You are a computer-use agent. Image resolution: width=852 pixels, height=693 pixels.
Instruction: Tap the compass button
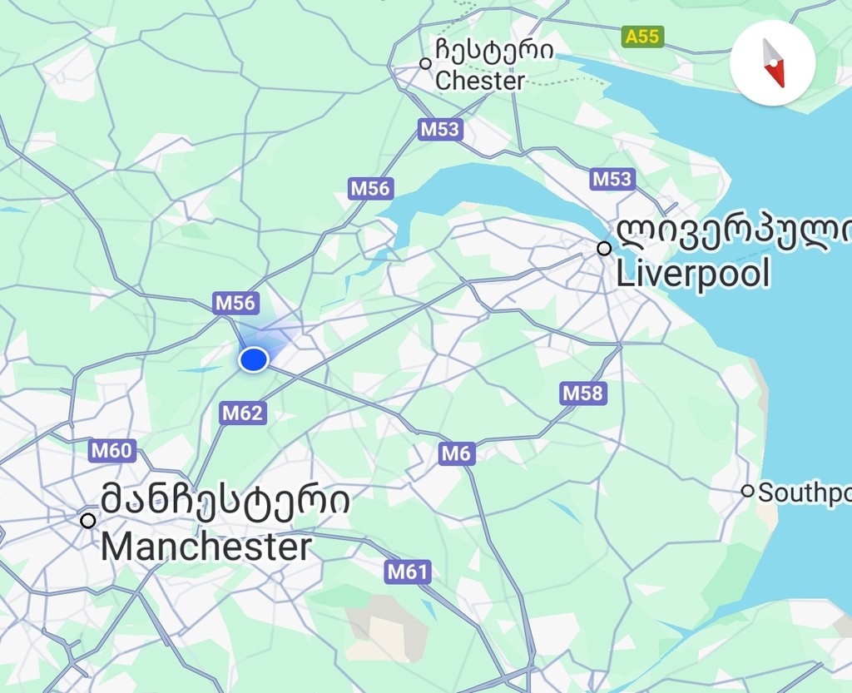pos(773,63)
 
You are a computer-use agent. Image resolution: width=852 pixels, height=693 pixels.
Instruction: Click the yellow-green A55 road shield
pos(642,37)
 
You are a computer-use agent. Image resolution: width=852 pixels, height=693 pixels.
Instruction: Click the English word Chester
pos(480,81)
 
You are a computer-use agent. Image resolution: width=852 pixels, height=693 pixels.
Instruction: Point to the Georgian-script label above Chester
pos(493,51)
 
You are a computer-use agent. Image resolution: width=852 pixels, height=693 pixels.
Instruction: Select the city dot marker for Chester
pos(425,63)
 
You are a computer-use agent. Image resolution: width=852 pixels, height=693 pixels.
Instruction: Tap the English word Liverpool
pos(693,274)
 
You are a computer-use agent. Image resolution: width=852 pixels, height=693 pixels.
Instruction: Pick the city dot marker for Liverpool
pos(604,248)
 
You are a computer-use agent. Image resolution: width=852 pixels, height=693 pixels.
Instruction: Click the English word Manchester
pos(206,547)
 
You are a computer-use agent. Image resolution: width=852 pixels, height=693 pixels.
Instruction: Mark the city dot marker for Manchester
pos(87,521)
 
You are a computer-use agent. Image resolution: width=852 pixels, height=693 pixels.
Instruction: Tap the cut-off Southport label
pos(804,493)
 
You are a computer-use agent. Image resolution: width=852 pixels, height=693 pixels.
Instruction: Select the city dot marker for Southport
pos(747,491)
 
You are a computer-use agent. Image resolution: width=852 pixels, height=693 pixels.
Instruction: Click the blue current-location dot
pos(253,359)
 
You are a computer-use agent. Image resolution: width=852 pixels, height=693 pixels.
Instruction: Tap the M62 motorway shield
pos(243,413)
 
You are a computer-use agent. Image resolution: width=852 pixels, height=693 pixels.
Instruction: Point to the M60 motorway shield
pos(111,451)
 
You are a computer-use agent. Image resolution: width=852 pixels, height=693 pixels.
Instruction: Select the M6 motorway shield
pos(456,453)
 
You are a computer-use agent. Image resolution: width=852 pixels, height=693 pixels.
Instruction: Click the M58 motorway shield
pos(582,393)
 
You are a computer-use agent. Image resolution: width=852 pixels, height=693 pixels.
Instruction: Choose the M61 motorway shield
pos(408,572)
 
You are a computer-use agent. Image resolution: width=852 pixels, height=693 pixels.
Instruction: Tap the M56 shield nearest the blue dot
pos(235,303)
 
